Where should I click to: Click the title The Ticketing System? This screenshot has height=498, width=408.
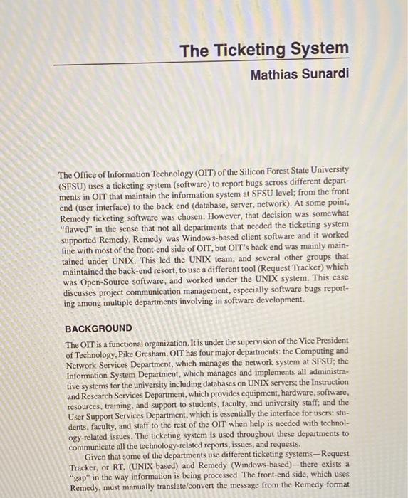pos(264,49)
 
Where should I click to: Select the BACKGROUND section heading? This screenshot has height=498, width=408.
pos(98,328)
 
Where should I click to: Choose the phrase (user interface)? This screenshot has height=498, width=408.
pos(106,203)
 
